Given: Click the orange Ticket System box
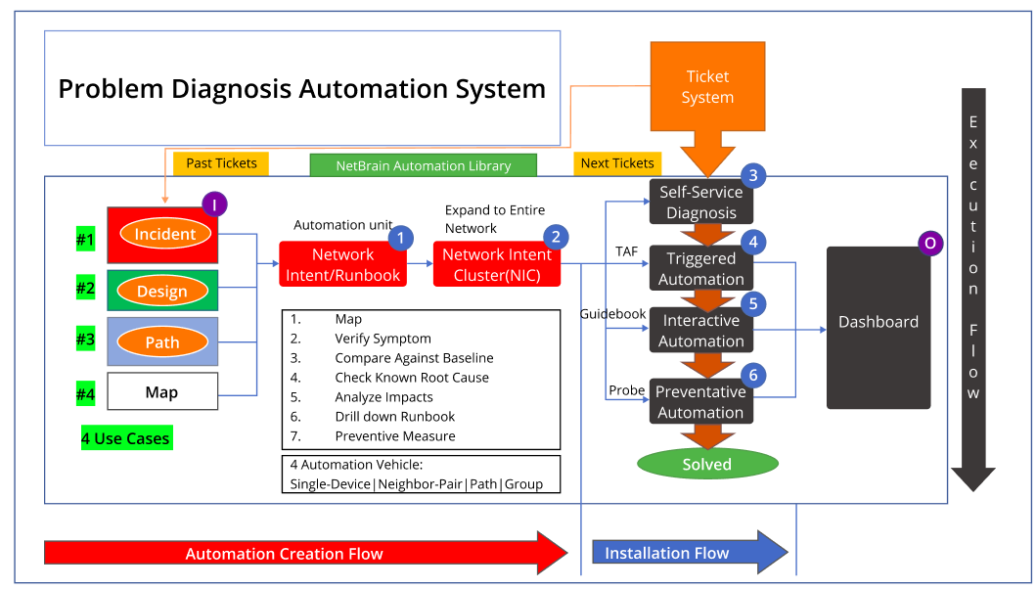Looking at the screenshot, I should coord(707,87).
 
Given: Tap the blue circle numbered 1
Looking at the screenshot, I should coord(401,236).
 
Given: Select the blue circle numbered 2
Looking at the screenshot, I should coord(555,236).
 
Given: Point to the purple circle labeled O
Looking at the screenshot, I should coord(930,244).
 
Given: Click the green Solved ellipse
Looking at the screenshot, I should coord(707,464).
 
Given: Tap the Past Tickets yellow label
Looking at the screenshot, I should coord(221,163).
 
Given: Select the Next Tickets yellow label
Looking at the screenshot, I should coord(617,163).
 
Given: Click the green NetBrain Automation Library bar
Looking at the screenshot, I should coord(424,165).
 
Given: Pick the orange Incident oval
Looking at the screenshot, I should coord(165,235).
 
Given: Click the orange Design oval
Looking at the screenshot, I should coord(161,292).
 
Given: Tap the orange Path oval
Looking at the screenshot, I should coord(162,342).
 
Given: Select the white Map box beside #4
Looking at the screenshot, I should coord(161,392).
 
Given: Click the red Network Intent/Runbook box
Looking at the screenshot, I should coord(342,265).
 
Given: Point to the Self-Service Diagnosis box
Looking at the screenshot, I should coord(700,202).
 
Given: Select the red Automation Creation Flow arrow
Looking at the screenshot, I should coord(293,554).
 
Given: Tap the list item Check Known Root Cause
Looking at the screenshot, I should coord(411,378).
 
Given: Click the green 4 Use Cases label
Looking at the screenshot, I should coord(126,438).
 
